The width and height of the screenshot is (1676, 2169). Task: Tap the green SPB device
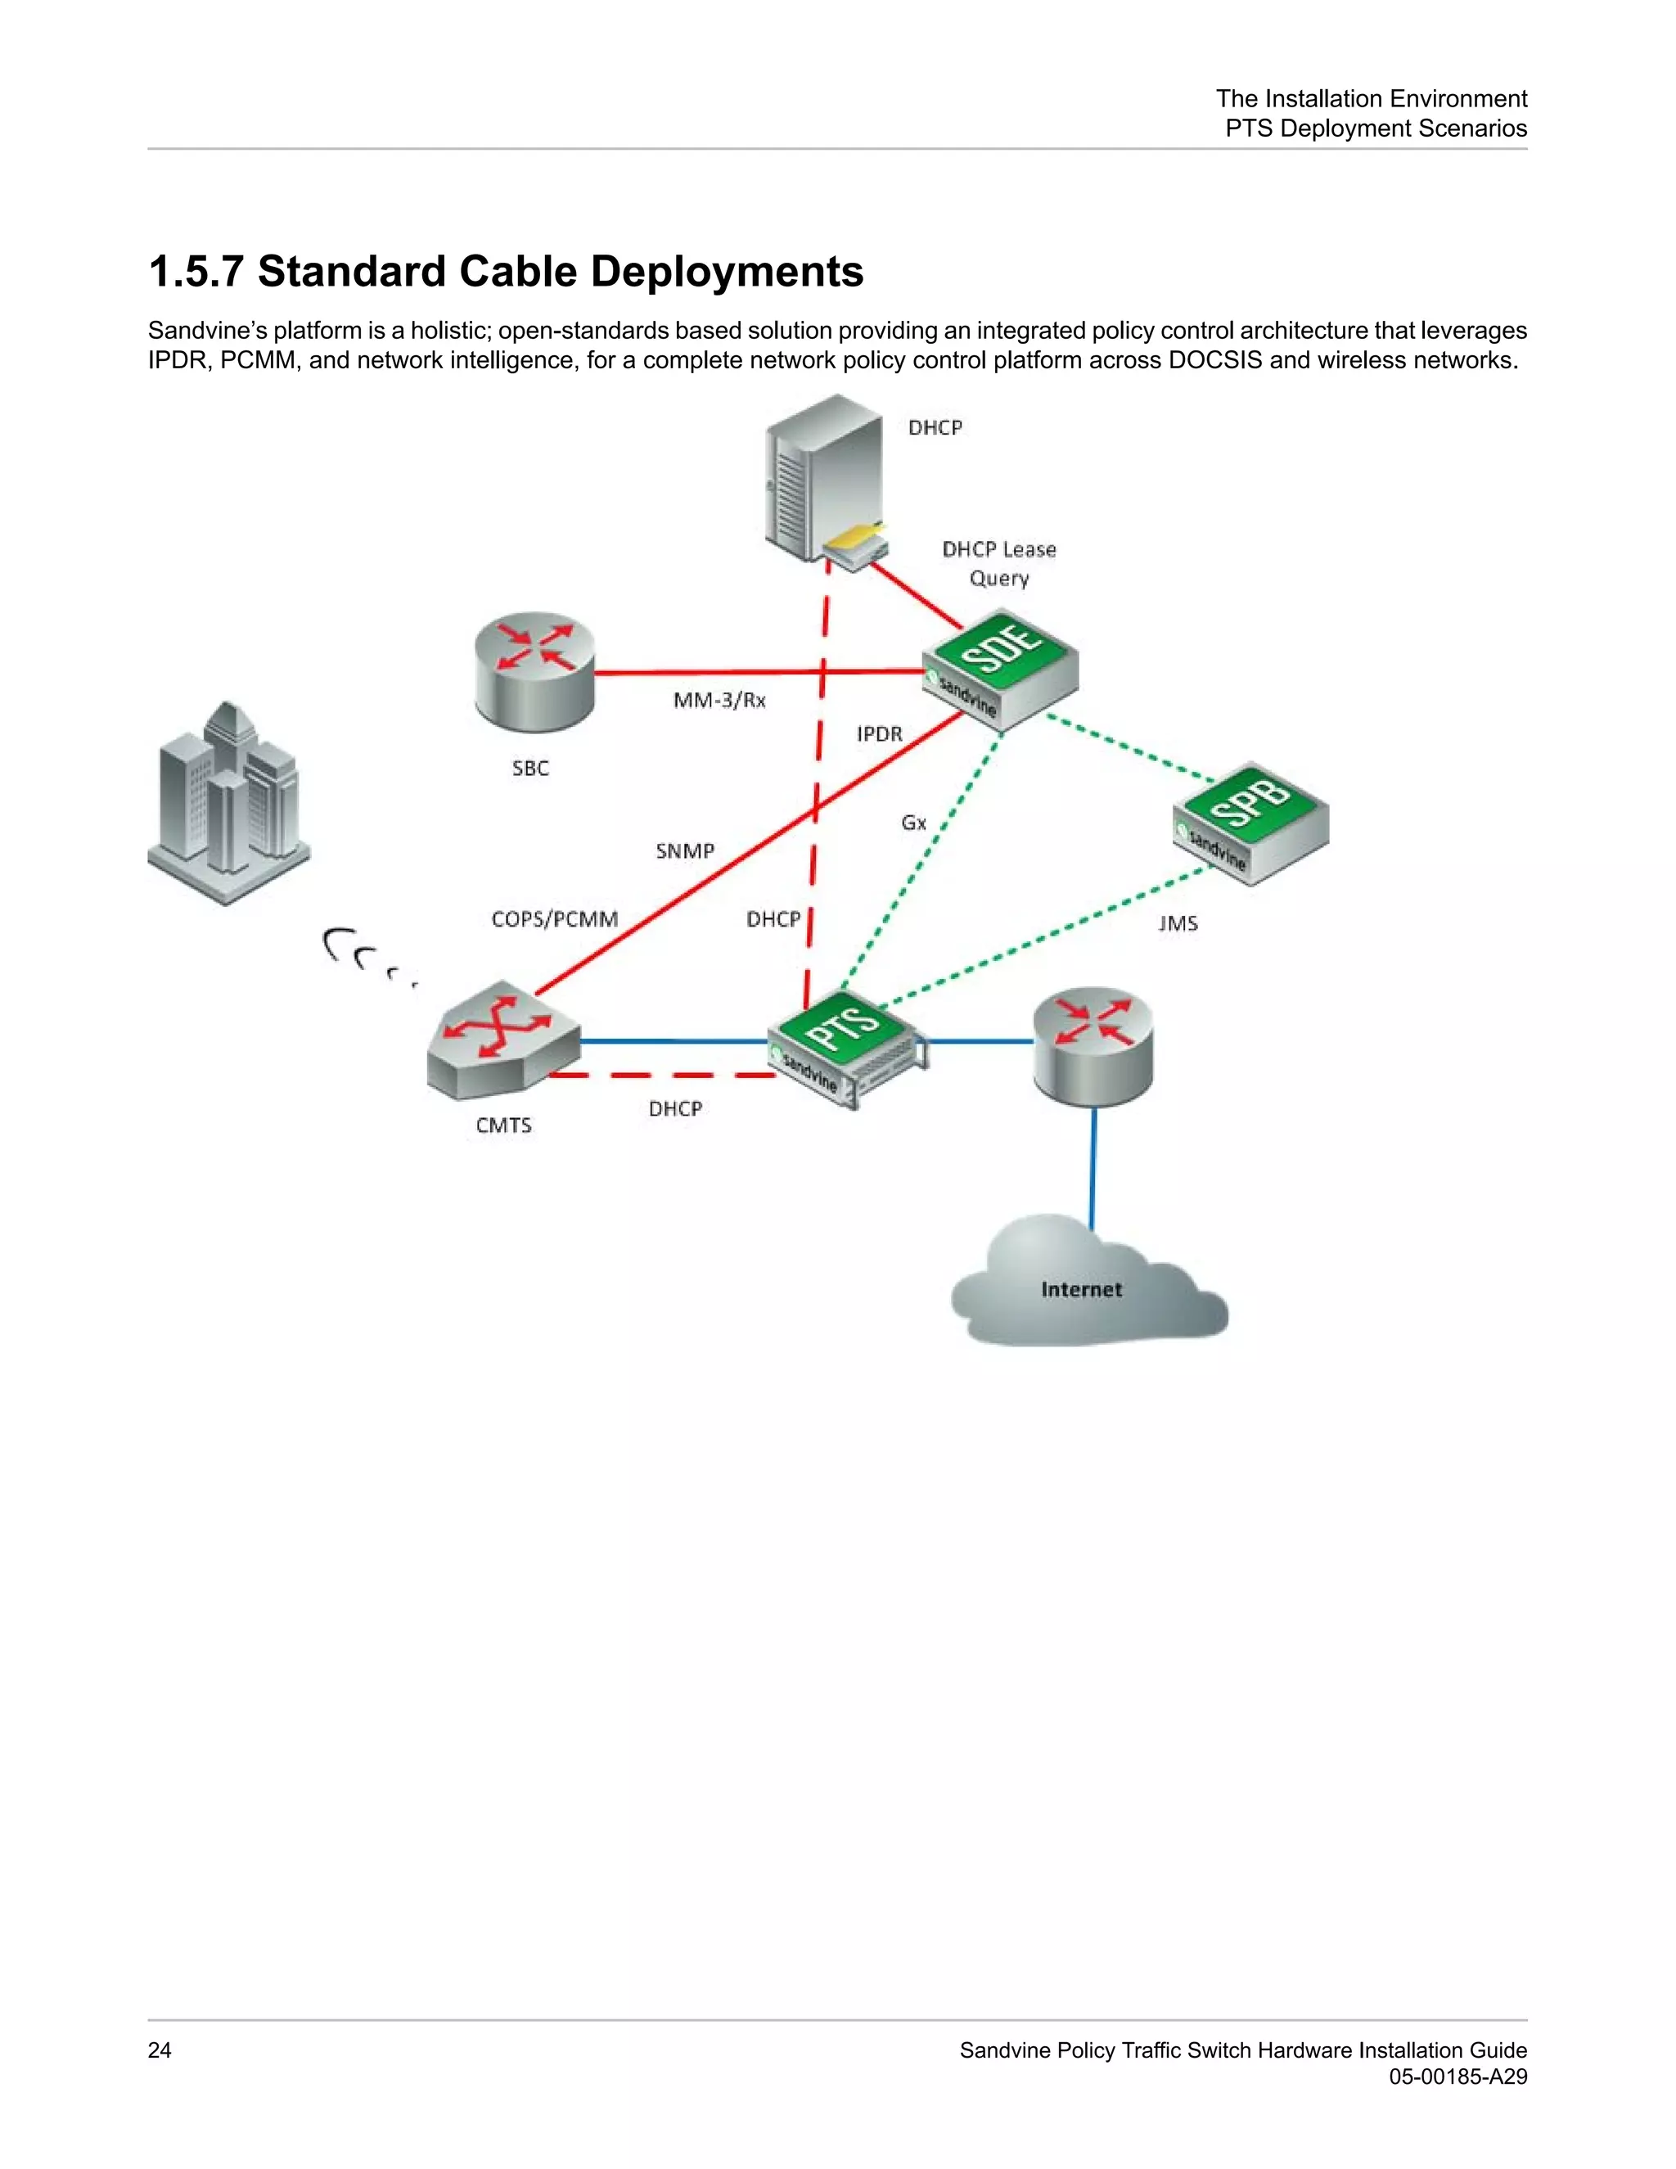(1251, 820)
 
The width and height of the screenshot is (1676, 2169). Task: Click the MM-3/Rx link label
(719, 700)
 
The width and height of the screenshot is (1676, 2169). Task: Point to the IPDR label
(879, 734)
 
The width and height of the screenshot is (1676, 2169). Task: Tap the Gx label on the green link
(913, 823)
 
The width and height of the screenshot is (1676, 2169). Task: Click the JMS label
(1178, 923)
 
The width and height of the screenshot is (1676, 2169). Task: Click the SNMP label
(684, 851)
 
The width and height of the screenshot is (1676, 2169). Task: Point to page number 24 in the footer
(159, 2050)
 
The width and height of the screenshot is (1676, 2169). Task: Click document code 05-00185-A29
(1457, 2077)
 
